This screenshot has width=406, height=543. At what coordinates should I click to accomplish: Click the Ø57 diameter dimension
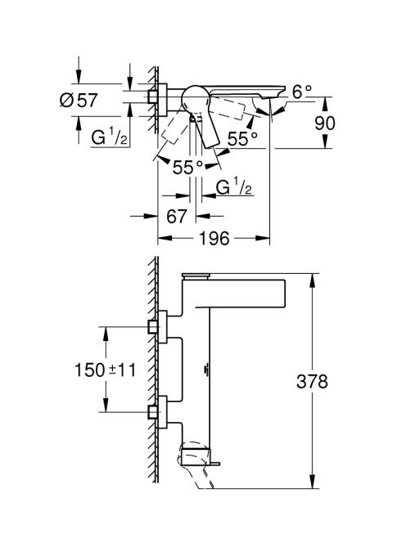79,101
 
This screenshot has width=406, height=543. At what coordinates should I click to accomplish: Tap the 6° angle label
302,92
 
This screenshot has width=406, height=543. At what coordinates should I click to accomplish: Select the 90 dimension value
325,123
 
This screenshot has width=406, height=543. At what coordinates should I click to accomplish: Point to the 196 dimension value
214,238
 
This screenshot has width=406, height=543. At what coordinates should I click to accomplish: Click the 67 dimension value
177,217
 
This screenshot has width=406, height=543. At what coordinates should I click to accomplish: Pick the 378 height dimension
312,382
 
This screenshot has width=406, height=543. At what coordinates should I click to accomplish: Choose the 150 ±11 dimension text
106,370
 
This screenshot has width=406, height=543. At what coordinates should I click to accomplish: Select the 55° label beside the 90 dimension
242,139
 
